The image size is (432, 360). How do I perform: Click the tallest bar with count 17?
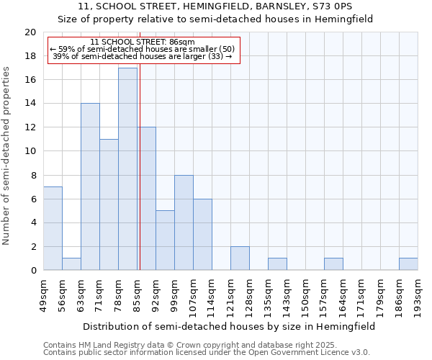[127, 169]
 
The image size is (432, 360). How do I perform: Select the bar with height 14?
[90, 187]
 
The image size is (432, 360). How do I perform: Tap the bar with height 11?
[109, 204]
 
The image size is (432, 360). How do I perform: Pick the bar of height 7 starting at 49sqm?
[53, 228]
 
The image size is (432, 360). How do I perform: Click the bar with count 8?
[184, 222]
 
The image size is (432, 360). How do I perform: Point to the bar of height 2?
[240, 258]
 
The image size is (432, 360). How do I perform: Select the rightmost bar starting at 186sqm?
[408, 264]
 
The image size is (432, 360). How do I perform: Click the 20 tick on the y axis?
[30, 32]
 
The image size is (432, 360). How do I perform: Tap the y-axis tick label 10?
[30, 151]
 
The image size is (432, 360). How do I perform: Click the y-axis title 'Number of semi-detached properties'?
[7, 156]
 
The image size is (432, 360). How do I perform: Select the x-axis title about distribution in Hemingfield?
[230, 326]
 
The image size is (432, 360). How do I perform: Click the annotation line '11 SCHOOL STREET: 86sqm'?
[143, 42]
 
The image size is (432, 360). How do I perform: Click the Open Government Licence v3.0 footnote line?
[207, 353]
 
